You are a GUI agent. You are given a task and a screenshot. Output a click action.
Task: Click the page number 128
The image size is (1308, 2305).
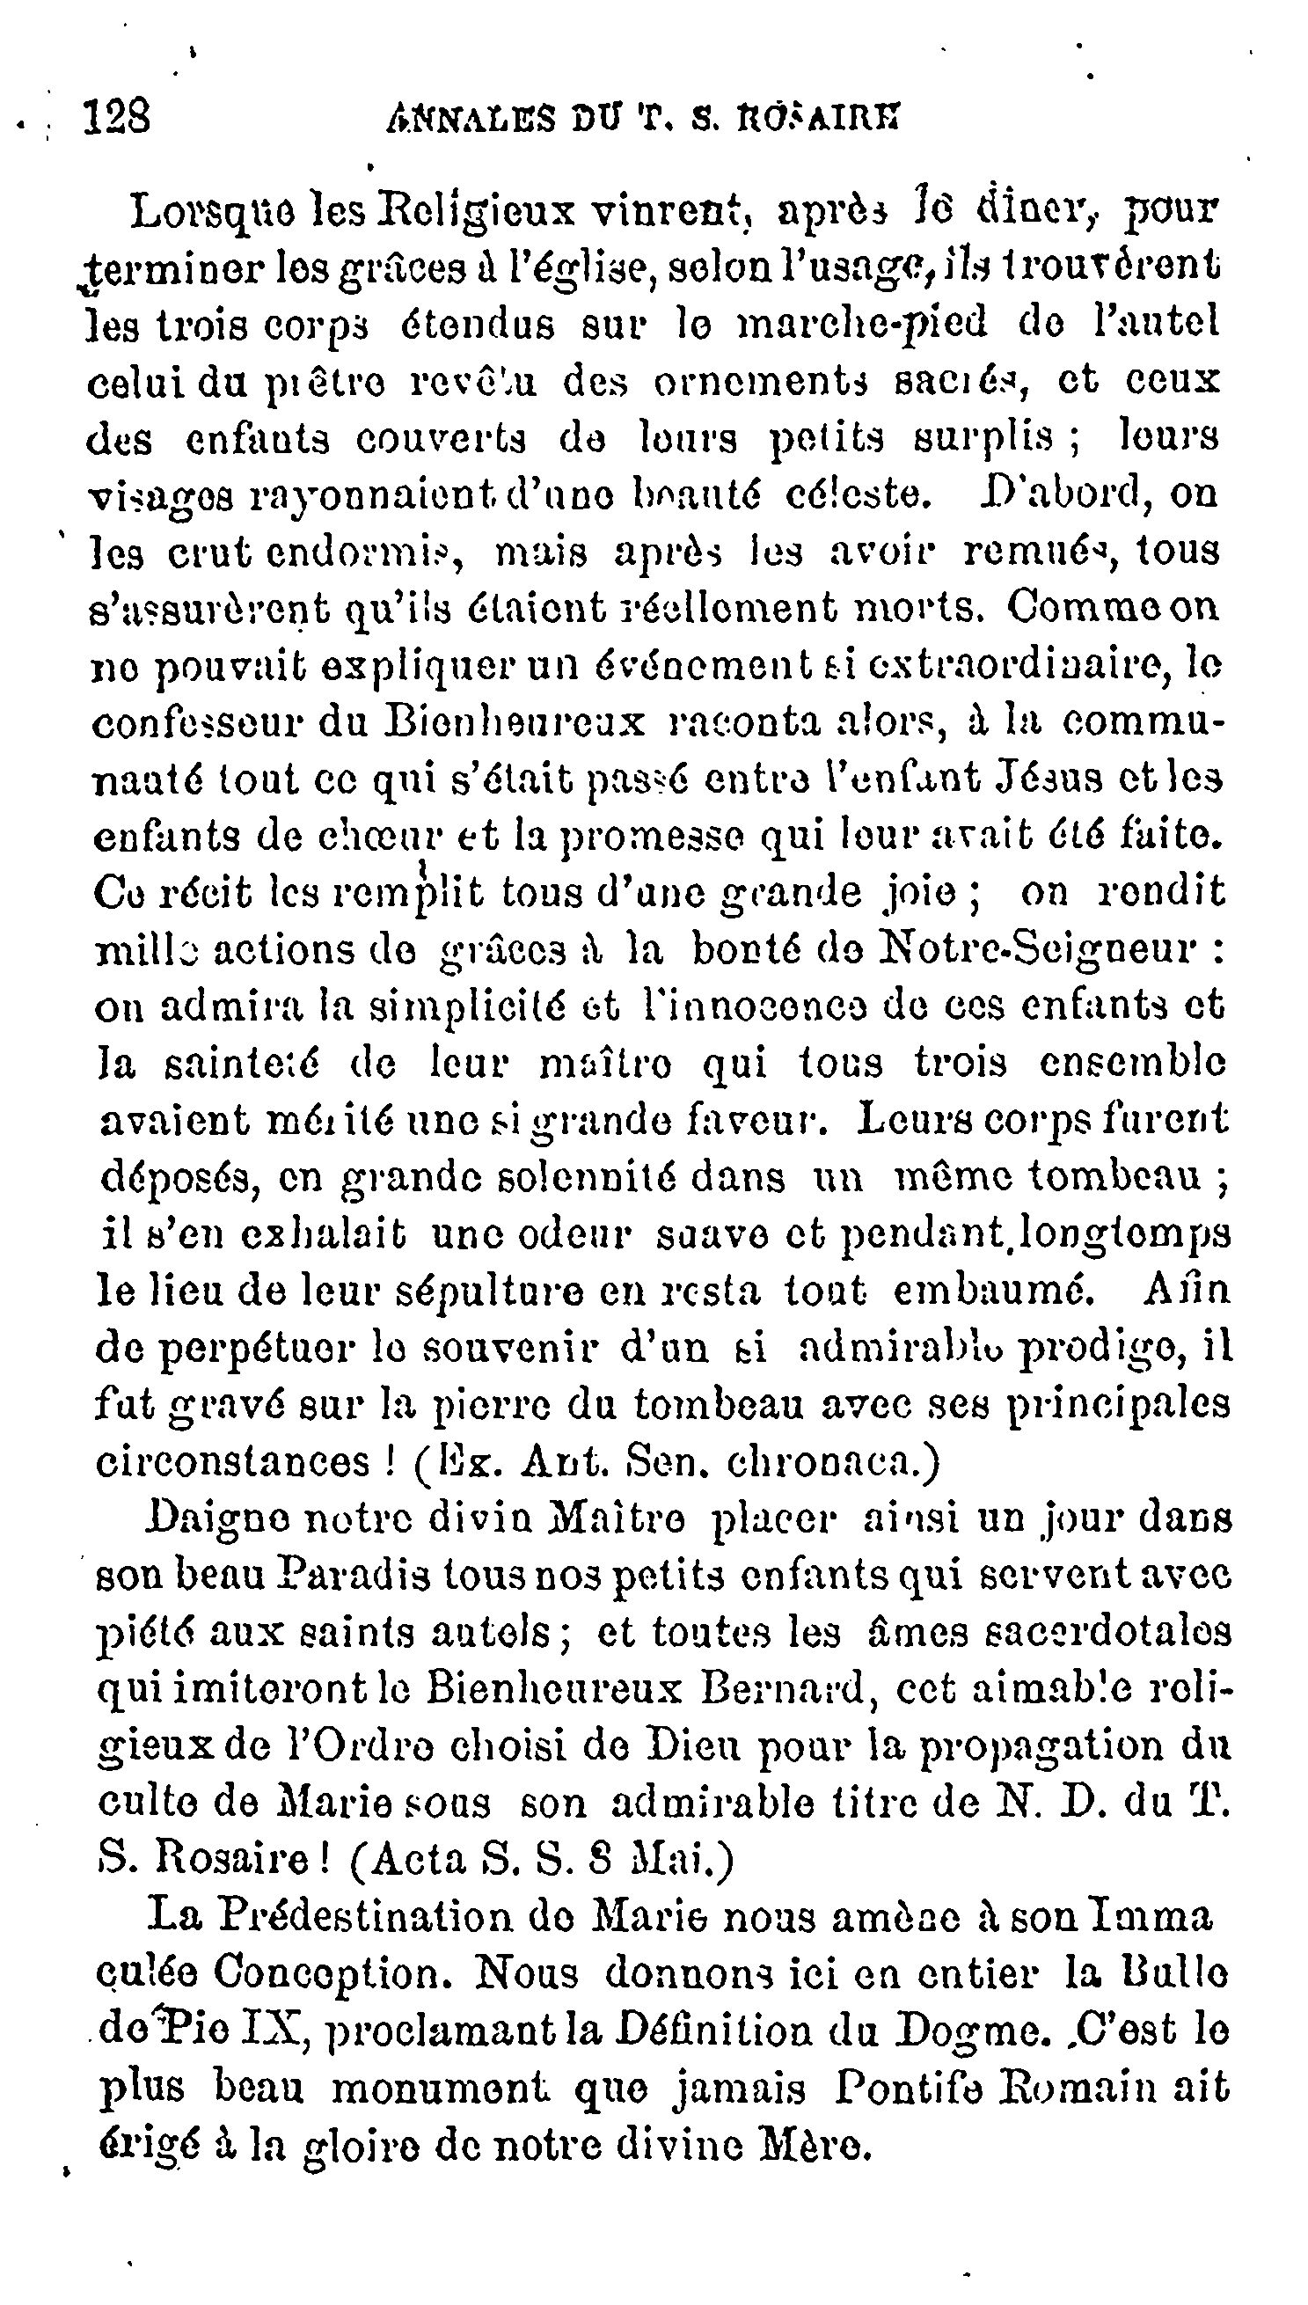pyautogui.click(x=116, y=117)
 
